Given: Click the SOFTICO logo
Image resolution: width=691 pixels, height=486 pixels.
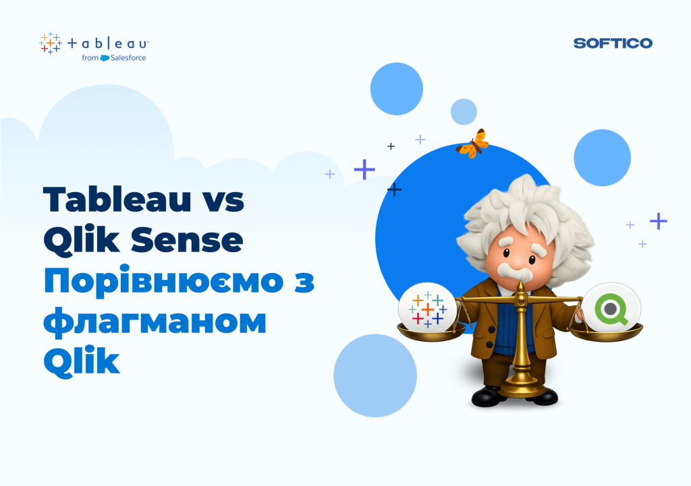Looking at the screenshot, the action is coord(613,43).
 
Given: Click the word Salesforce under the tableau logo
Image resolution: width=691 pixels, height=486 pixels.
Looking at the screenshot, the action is coord(128,58).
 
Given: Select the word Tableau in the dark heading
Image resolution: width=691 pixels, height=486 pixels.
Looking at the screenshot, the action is coord(117,199).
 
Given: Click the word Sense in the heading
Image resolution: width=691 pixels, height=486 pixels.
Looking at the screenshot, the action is coord(187,240).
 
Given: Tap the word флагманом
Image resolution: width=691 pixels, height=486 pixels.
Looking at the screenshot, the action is coord(155,322).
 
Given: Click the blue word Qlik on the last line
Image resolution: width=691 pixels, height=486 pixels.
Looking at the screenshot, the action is coord(82,361).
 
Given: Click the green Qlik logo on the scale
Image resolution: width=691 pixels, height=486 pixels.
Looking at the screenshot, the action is coord(611,309).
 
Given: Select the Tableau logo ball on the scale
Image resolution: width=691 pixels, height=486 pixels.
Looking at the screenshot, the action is coord(427,308).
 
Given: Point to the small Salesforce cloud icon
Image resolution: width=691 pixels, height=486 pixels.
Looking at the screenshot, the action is coord(105,58).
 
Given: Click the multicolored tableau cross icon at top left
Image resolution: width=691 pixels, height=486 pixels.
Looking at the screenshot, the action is coord(50,43).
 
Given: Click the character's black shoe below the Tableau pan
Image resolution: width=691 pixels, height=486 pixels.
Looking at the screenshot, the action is coord(488,396).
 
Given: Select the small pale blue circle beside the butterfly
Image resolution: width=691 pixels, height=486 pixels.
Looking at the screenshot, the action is coord(464,112).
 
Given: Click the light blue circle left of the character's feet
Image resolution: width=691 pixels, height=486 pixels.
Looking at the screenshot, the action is coord(375,375).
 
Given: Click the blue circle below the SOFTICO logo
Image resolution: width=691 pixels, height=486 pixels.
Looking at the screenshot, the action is coord(603,158).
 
